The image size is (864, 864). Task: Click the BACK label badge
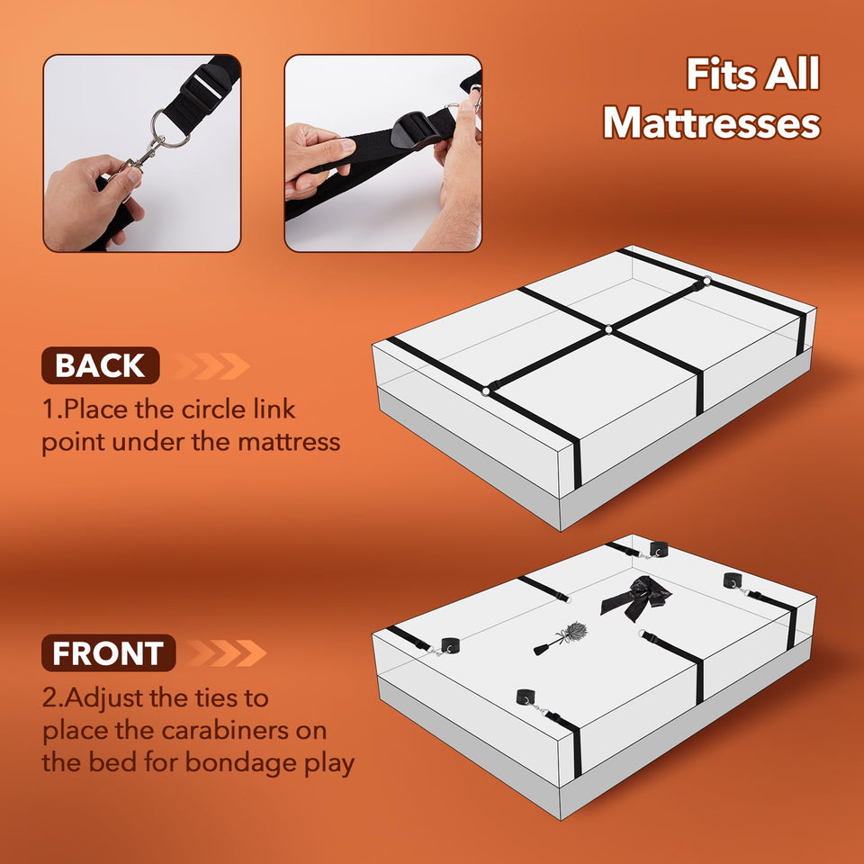pos(100,365)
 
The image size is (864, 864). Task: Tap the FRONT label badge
pos(108,653)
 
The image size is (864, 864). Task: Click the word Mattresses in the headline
pos(711,122)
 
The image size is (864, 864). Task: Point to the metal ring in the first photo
pos(168,128)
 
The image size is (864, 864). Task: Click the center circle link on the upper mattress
pos(608,330)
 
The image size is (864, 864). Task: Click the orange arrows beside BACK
pos(212,365)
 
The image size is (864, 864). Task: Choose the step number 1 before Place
pos(49,409)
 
